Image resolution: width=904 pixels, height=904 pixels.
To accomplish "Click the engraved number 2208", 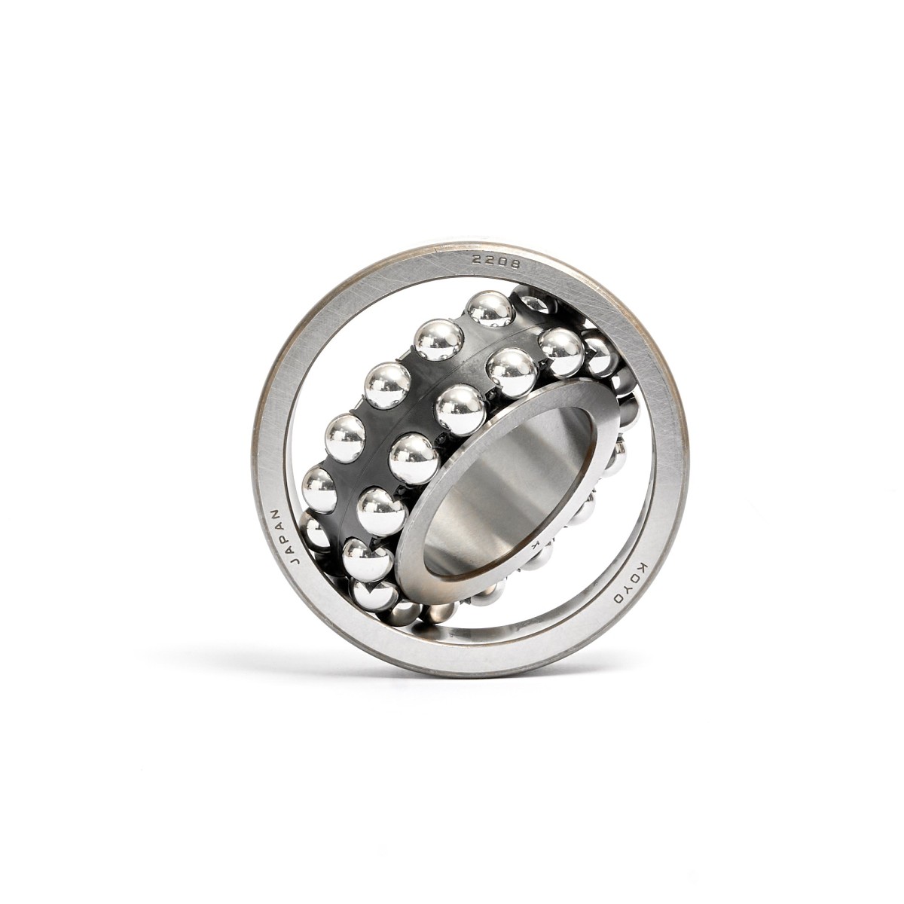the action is (496, 261).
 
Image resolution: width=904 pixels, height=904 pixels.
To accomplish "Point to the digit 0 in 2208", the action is (502, 261).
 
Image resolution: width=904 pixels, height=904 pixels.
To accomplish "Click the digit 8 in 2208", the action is (515, 263).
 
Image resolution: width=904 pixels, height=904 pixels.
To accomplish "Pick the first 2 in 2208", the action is (477, 261).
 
